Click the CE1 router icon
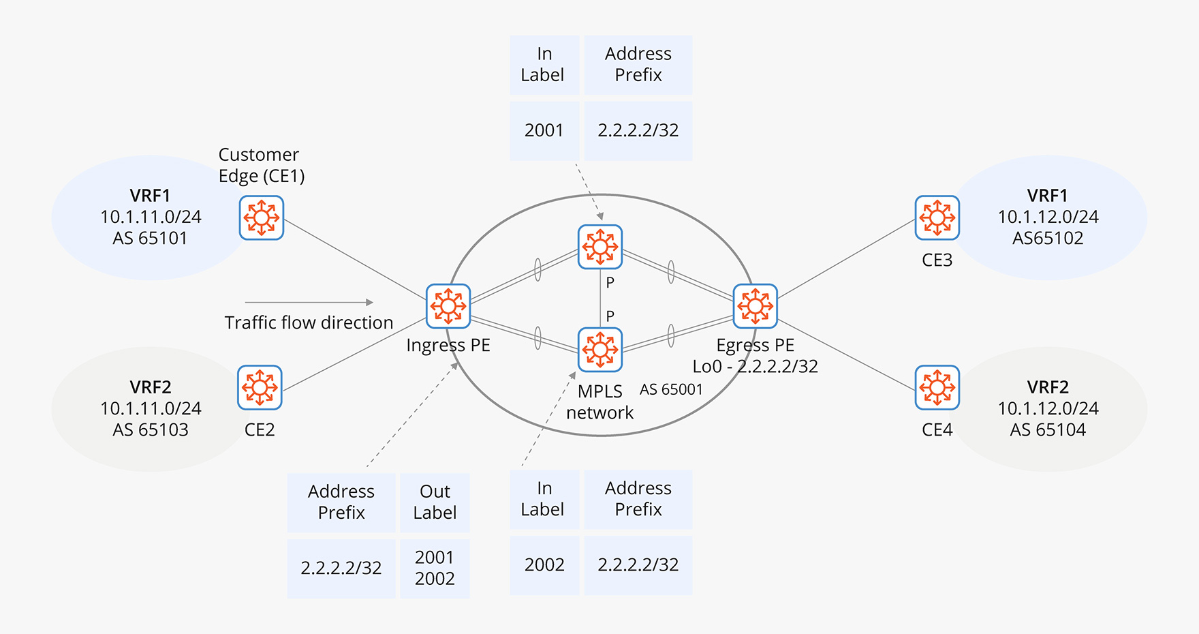tap(261, 217)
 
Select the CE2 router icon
tap(260, 387)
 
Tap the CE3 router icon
tap(937, 217)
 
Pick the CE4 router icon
tap(937, 387)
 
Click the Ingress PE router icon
tap(448, 305)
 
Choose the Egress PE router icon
tap(755, 305)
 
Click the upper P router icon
tap(599, 246)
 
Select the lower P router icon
tap(599, 350)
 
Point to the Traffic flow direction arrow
tap(309, 302)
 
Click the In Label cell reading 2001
tap(544, 130)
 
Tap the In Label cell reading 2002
tap(544, 564)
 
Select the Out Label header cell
tap(435, 502)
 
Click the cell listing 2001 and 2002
tap(435, 568)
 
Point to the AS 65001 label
tap(671, 389)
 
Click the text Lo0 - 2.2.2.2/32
tap(755, 366)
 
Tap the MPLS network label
tap(599, 402)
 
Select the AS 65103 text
tap(151, 429)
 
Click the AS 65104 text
tap(1048, 429)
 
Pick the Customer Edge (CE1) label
tap(261, 165)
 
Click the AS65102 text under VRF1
tap(1048, 238)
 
